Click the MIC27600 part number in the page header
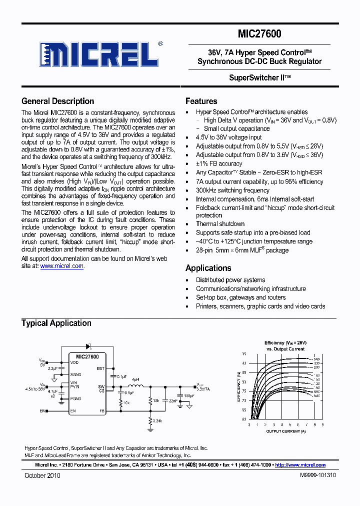pos(259,34)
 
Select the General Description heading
pos(57,101)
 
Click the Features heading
pos(201,101)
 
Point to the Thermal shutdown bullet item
pos(220,224)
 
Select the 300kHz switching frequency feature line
pos(232,190)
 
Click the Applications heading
pos(208,268)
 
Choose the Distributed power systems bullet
pos(230,280)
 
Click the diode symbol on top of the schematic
pos(90,346)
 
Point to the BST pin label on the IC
pos(100,368)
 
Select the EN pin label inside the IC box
pos(73,411)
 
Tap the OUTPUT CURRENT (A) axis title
pos(285,430)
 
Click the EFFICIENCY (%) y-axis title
pos(238,386)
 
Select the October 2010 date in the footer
pos(42,475)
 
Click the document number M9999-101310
pos(318,475)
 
